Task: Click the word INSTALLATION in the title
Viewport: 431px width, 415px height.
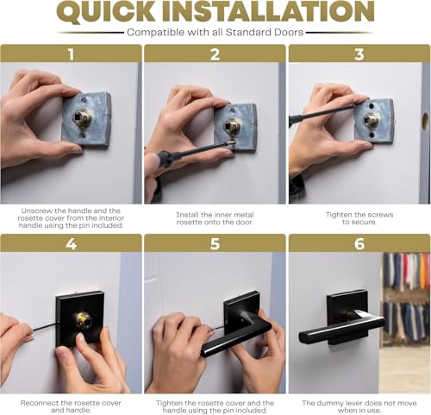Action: tap(268, 11)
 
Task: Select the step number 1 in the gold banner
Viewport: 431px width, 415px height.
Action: tap(71, 53)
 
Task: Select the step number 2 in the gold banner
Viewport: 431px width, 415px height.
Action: tap(215, 53)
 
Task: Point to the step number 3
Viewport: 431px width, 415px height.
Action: tap(359, 53)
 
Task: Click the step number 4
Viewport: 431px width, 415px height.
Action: tap(71, 244)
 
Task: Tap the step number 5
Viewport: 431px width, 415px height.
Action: tap(215, 244)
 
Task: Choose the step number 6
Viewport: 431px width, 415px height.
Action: tap(359, 244)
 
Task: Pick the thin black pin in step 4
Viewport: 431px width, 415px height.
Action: tap(45, 326)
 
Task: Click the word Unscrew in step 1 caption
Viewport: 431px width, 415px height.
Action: tap(36, 211)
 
